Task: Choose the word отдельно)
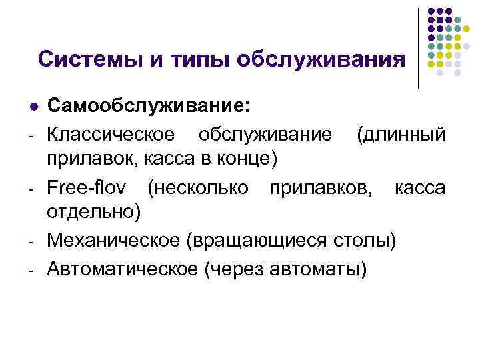pos(93,213)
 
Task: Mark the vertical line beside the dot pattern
pos(418,47)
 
